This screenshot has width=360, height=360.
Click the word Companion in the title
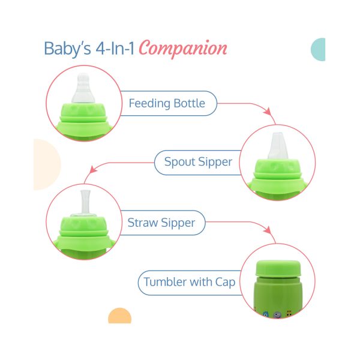[x=183, y=49]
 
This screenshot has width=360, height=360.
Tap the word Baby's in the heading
[x=67, y=49]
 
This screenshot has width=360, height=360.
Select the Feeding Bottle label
[x=167, y=103]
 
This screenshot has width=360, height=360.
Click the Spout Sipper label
[x=198, y=162]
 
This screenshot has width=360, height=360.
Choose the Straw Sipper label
[x=161, y=223]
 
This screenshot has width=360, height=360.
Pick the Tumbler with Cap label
[x=190, y=282]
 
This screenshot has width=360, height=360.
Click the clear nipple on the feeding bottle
[x=83, y=88]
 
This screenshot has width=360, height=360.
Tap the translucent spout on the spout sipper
[x=278, y=146]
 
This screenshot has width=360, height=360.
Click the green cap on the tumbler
[x=278, y=268]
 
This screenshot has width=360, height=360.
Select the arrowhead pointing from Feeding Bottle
[x=268, y=111]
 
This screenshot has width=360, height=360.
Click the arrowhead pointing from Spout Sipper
[x=93, y=169]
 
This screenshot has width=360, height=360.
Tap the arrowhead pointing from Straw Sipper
[x=268, y=230]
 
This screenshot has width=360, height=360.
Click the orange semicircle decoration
[x=119, y=316]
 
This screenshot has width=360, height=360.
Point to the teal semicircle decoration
[x=319, y=49]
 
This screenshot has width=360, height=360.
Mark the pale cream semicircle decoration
[x=47, y=164]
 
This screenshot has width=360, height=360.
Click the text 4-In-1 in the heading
[x=115, y=49]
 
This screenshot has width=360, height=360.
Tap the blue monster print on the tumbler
[x=266, y=314]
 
